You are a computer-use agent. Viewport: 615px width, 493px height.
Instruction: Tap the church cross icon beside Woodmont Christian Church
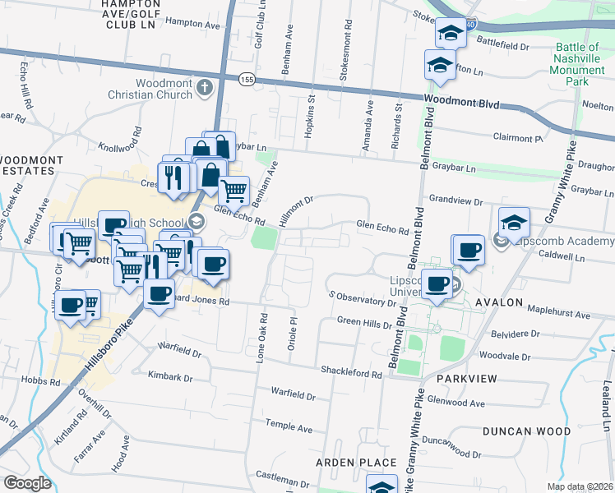204,87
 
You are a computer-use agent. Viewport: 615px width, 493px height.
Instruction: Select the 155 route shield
247,79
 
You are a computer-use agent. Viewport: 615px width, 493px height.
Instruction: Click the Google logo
28,482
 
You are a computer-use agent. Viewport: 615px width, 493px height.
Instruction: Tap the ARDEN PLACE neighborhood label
357,463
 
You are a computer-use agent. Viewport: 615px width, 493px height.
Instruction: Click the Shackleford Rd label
352,374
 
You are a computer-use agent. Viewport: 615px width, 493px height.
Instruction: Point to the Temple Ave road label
289,426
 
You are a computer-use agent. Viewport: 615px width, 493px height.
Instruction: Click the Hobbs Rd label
43,382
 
